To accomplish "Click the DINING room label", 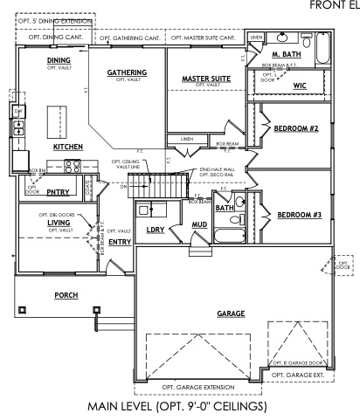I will (59, 59).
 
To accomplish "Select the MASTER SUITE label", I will (206, 79).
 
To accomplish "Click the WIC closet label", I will (300, 86).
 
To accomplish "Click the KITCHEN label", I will (67, 148).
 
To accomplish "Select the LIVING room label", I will (59, 223).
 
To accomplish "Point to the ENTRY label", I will (119, 241).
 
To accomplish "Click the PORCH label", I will (66, 295).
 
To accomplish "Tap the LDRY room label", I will (156, 230).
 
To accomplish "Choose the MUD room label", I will (199, 225).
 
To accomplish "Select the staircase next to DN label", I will (159, 186).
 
